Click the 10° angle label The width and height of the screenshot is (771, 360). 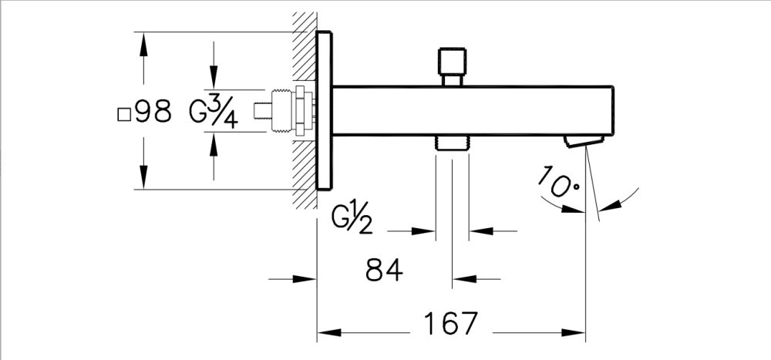tap(559, 183)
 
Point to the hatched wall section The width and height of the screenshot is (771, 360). tap(304, 177)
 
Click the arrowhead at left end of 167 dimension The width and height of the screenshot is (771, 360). tap(327, 334)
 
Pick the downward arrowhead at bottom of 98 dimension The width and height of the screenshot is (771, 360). tap(143, 181)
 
